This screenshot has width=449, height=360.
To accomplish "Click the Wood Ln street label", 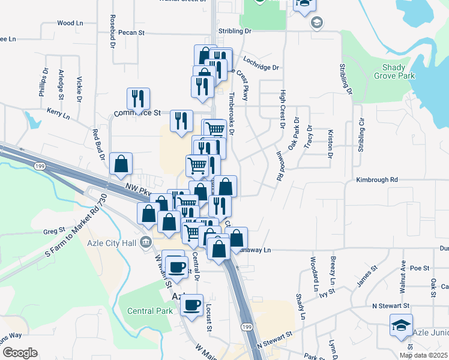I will click(70, 23).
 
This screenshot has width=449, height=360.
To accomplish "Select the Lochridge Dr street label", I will click(261, 60).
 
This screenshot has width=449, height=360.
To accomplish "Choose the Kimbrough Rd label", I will click(377, 179).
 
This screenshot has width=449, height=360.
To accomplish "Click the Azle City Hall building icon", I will click(145, 243).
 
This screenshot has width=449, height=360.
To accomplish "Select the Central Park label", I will click(149, 311).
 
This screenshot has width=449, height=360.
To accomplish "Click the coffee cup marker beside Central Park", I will click(191, 305).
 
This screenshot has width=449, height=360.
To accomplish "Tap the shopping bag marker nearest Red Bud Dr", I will click(121, 164).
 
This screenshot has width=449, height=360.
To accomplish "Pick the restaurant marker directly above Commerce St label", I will click(139, 98).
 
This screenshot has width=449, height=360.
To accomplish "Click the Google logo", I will click(20, 353).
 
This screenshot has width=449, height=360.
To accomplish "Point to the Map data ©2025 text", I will click(424, 355).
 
